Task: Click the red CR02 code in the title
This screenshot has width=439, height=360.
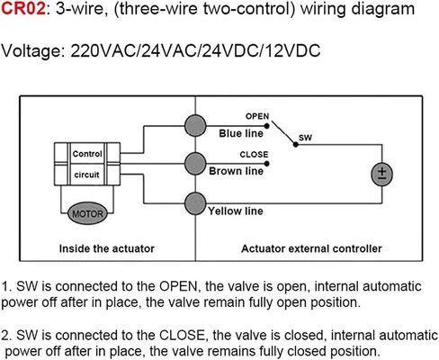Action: (23, 9)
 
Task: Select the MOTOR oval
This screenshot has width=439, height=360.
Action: (87, 213)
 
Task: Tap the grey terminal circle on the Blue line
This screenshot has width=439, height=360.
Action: (195, 126)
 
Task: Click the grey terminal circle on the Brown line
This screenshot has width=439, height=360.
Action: (195, 164)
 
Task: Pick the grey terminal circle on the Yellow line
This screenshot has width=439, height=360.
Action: (195, 203)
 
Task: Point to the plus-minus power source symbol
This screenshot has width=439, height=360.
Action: (381, 175)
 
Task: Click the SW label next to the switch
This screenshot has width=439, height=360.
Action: (305, 138)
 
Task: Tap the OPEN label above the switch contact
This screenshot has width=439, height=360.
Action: (257, 116)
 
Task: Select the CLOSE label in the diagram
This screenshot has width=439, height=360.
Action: (254, 155)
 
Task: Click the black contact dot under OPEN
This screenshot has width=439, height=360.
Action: (266, 126)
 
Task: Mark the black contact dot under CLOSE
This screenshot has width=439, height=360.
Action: (266, 164)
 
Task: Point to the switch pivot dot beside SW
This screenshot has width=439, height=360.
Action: (296, 144)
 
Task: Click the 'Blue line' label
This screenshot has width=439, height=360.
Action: (241, 133)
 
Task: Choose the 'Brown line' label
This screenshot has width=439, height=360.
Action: (237, 171)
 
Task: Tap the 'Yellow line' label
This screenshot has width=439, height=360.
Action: (236, 211)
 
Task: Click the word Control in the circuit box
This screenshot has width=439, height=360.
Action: (87, 154)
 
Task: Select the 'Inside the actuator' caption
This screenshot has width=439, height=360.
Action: (107, 248)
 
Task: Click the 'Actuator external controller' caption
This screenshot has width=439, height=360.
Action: (311, 248)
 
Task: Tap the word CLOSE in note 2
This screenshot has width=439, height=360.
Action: (183, 335)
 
